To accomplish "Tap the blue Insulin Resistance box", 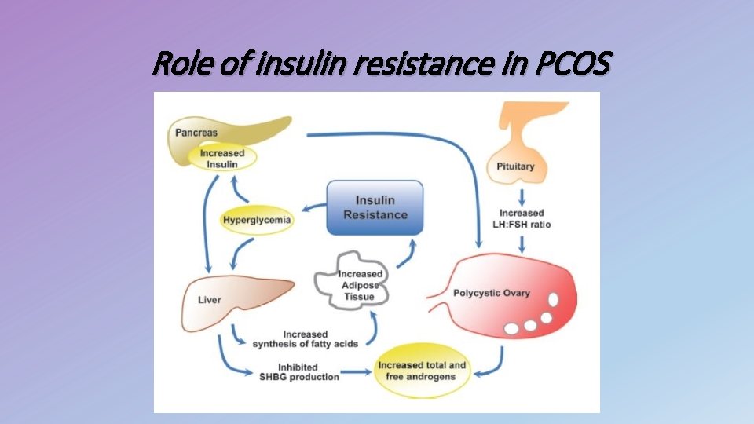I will click(375, 208).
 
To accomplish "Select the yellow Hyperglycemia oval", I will click(257, 220).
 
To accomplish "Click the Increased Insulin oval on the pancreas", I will click(222, 159).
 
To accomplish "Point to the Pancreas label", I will click(196, 133).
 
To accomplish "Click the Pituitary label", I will click(515, 166).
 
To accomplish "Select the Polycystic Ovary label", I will click(492, 294).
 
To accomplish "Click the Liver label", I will click(209, 300).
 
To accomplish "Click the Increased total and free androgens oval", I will click(421, 371).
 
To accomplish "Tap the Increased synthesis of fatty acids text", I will click(301, 339).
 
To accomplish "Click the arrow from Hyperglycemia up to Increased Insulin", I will click(239, 191).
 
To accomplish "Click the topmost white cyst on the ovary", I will click(553, 300).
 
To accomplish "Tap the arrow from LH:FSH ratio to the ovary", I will click(521, 242).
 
